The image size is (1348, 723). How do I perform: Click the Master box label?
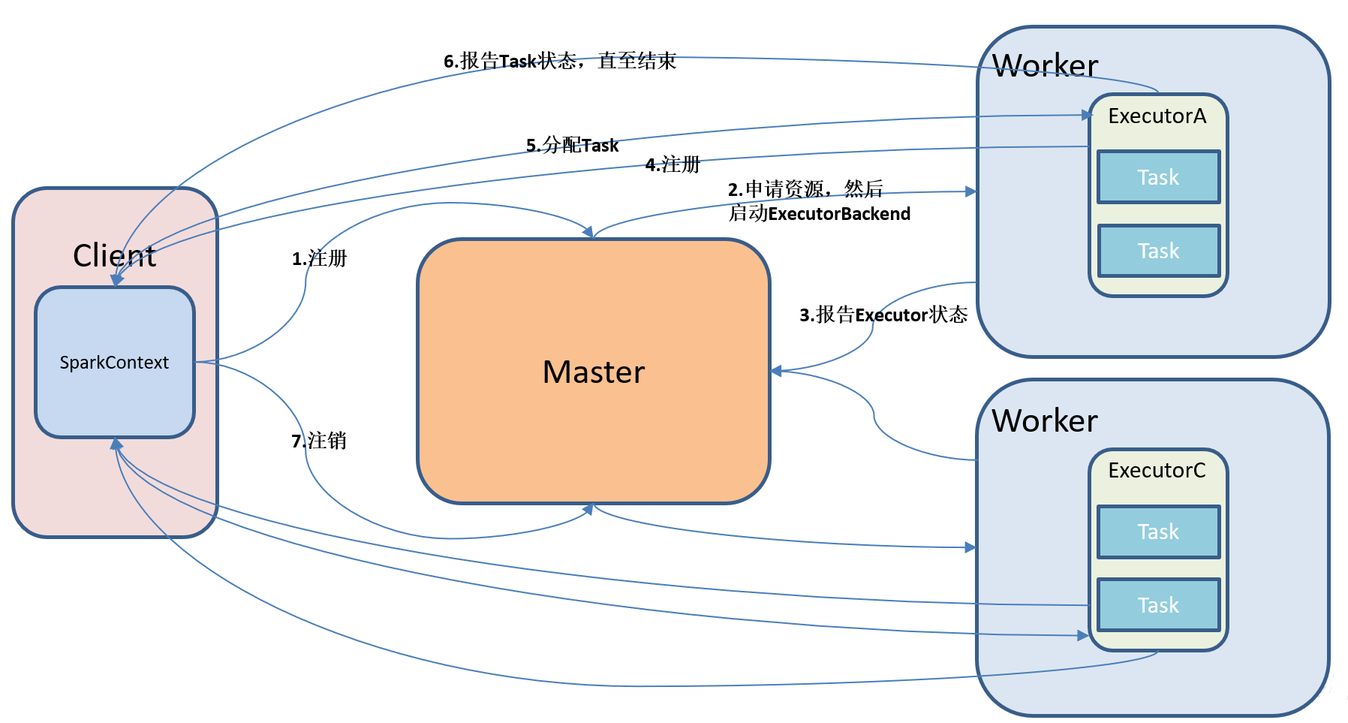point(594,372)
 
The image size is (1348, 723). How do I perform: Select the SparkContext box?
point(114,363)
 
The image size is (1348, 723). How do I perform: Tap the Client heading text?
point(114,256)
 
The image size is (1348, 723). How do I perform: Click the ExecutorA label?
point(1157,116)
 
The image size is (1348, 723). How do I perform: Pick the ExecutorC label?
point(1157,471)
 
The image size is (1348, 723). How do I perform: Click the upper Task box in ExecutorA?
point(1158,177)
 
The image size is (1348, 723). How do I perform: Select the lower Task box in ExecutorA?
point(1158,251)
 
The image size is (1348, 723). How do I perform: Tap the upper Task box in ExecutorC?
point(1158,532)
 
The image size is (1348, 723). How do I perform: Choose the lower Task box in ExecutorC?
point(1158,605)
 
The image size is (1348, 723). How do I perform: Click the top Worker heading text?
point(1045,66)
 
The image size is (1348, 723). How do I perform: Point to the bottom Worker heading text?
point(1045,421)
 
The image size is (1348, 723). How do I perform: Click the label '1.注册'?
point(320,259)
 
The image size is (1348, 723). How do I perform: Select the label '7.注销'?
point(319,441)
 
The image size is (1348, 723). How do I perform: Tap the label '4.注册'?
point(672,164)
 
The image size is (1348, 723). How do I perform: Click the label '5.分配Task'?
point(572,145)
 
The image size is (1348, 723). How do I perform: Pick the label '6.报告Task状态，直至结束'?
point(560,61)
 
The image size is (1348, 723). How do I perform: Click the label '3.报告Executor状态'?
point(883,315)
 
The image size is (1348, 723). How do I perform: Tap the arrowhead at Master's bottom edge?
point(589,509)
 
